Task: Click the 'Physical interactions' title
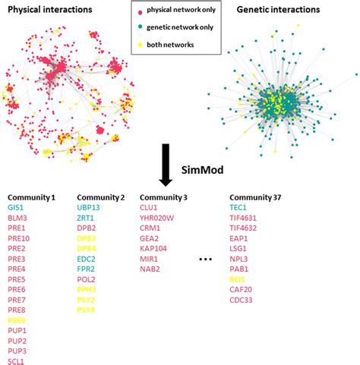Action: [x=51, y=10]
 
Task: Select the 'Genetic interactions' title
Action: [x=292, y=10]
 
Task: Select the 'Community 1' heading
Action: [x=32, y=197]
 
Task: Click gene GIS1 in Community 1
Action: [x=16, y=207]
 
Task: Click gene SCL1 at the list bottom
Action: [x=17, y=361]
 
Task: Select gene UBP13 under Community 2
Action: [x=89, y=207]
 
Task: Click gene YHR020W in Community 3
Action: [x=158, y=218]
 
